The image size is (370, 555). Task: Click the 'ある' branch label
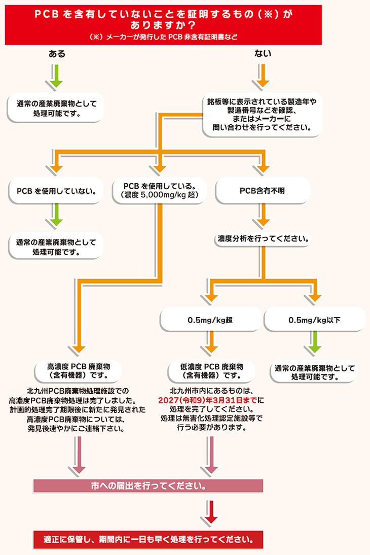point(57,54)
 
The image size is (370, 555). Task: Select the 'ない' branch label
point(264,54)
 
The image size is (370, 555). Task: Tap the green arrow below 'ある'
point(57,76)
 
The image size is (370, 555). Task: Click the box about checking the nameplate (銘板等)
point(262,114)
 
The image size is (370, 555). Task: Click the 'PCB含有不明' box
point(262,191)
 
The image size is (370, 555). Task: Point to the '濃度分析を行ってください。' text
point(262,238)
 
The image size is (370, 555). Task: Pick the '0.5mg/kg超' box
point(210,320)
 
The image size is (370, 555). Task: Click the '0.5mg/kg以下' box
point(314,320)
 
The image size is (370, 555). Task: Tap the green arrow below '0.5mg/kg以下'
point(314,345)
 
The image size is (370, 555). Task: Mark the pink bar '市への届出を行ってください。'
point(148,485)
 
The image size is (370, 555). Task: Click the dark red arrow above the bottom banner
point(211,512)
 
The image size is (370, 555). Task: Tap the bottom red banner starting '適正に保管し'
point(148,538)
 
